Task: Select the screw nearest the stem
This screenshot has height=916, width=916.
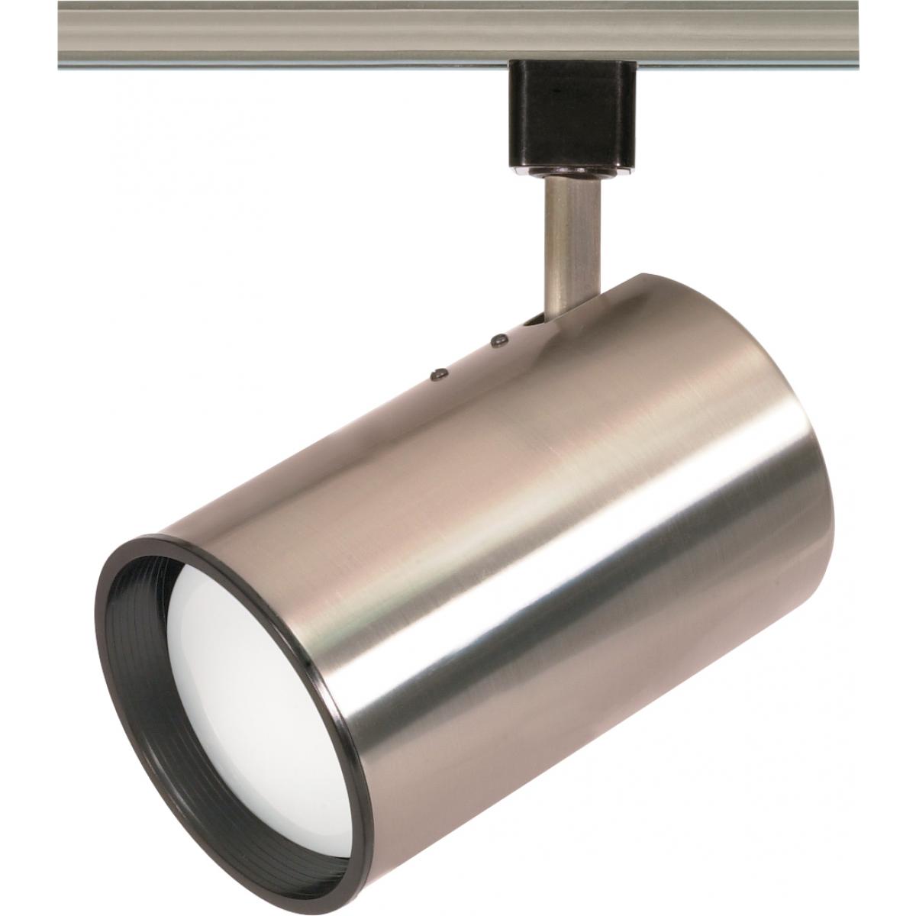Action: (500, 337)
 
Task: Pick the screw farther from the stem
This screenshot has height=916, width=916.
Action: (438, 373)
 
